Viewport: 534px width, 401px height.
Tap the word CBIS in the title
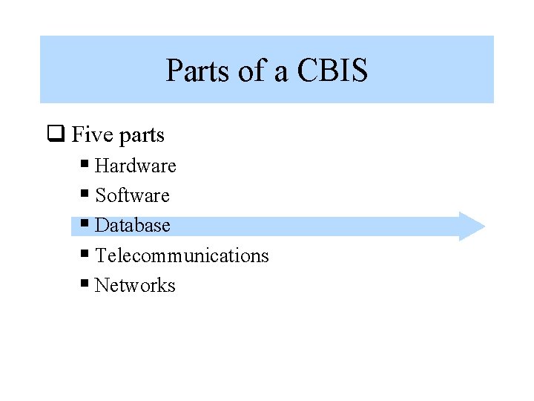(x=332, y=71)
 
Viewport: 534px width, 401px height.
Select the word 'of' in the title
(x=250, y=71)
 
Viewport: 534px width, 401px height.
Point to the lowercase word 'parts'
(x=141, y=137)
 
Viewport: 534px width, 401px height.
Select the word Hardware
(x=136, y=166)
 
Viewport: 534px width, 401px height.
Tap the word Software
(x=133, y=195)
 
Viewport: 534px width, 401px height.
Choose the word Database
(x=133, y=225)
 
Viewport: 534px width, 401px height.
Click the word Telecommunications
(x=182, y=255)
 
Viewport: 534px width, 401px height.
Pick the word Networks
(x=135, y=285)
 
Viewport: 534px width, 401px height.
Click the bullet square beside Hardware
(x=85, y=163)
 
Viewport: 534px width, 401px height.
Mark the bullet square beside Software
(x=85, y=192)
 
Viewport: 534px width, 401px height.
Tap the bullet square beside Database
(x=85, y=222)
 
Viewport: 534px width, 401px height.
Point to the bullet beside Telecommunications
(x=85, y=252)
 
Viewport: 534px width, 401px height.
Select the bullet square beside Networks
(x=85, y=282)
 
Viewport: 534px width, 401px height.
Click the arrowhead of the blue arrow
(x=472, y=226)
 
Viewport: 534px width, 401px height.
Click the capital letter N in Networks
(x=102, y=285)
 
